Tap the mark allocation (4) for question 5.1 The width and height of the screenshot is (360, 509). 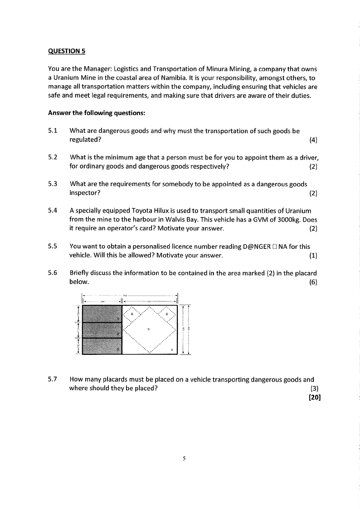click(313, 140)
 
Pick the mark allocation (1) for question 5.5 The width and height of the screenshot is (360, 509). click(313, 255)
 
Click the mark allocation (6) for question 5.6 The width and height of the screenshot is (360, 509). click(313, 282)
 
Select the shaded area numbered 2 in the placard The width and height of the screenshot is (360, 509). click(102, 330)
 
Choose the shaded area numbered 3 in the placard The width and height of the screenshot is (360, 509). click(102, 346)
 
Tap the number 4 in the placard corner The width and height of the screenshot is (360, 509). click(172, 349)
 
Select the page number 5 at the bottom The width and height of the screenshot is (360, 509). click(185, 458)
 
